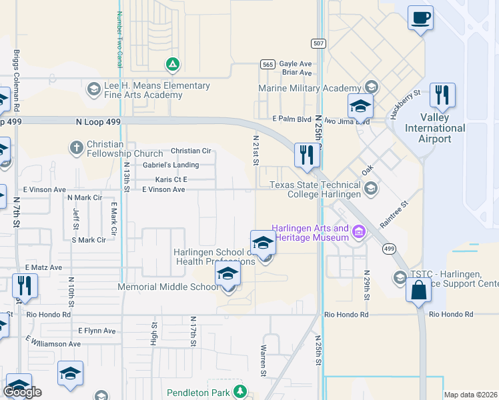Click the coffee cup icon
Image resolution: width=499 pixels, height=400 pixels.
point(420,17)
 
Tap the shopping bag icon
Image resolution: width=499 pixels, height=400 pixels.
point(418,291)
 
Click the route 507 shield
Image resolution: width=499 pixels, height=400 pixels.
point(318,43)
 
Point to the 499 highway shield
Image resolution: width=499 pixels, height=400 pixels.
point(388,249)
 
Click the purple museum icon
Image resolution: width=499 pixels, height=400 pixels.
point(359,232)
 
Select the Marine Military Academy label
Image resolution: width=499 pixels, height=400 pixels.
point(309,88)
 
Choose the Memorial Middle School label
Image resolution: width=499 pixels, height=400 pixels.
point(167,287)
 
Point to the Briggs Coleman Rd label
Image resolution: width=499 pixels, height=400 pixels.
point(16,81)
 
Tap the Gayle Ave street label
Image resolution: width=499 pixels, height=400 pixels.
point(296,63)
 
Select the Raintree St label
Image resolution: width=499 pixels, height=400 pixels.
point(394,214)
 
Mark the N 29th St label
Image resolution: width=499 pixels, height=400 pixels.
point(366,285)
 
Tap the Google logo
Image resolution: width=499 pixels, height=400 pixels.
point(23,392)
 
